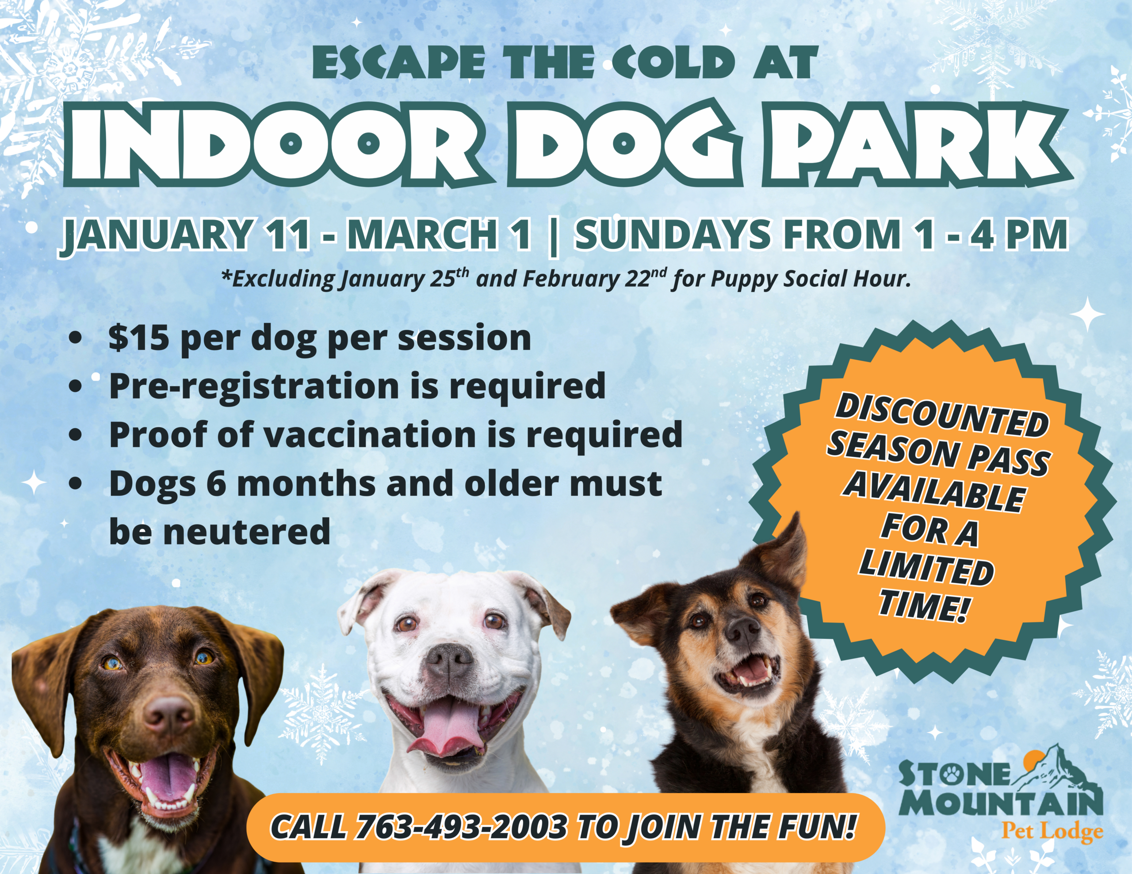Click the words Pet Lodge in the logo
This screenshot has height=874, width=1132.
pos(1052,832)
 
